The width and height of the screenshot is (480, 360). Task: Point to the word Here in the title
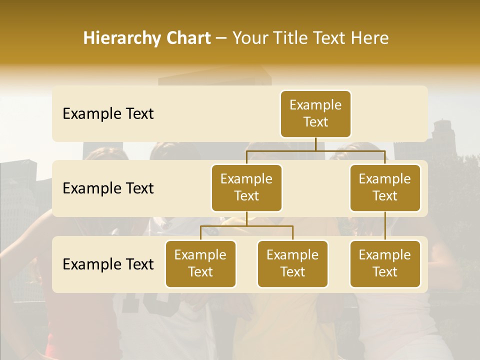370,38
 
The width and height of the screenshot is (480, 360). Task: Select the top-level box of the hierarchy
315,114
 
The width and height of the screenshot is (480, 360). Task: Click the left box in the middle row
246,188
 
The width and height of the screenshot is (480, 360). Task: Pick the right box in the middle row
385,188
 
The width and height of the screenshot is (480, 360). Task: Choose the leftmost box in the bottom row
200,264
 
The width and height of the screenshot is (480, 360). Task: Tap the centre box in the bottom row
292,264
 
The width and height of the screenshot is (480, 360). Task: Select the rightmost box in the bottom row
385,264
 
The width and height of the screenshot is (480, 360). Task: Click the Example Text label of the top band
108,114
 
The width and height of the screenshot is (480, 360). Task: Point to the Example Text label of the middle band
108,188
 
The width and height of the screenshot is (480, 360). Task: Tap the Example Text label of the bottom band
108,264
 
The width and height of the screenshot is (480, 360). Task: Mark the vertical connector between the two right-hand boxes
385,226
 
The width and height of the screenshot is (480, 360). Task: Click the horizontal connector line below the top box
315,150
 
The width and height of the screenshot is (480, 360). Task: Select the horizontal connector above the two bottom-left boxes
246,226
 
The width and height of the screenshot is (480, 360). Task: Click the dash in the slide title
221,38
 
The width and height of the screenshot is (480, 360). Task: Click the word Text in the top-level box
315,122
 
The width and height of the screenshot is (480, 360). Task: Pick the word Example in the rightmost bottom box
385,255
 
